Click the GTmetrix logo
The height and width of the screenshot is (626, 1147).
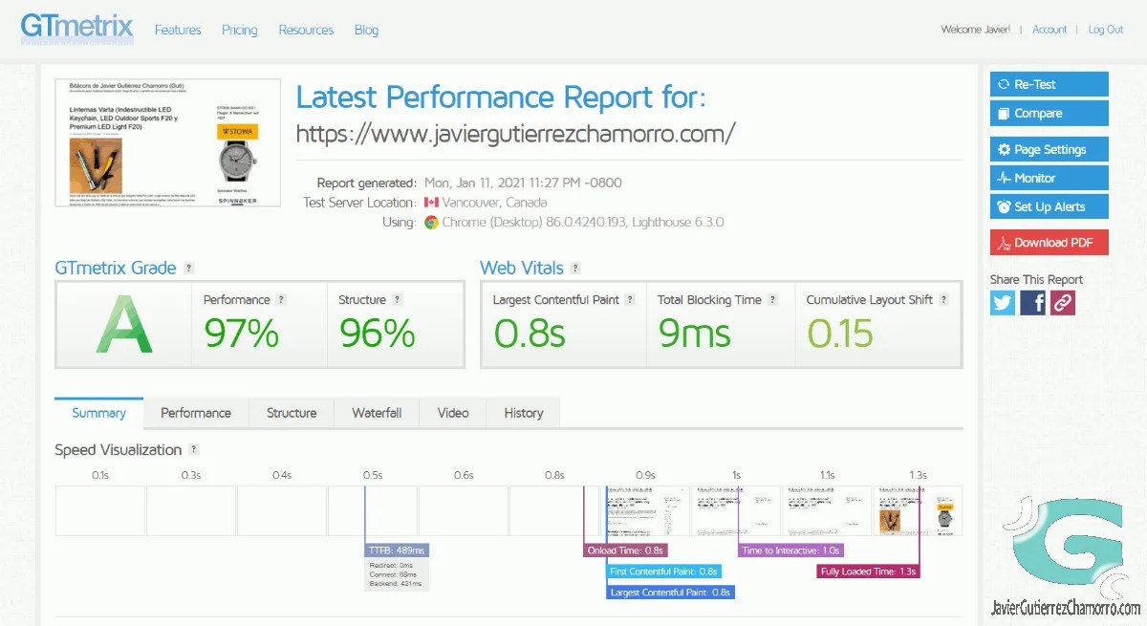(76, 28)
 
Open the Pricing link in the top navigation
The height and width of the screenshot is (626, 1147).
(239, 30)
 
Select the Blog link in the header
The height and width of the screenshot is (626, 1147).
(366, 30)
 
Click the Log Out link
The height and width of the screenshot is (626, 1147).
(1105, 30)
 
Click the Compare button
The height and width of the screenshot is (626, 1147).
(1049, 113)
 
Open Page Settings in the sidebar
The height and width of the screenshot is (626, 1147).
(1049, 149)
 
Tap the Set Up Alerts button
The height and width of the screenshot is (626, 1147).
(1049, 206)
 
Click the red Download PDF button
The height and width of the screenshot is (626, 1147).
(1049, 242)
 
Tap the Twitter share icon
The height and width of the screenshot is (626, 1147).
(1003, 303)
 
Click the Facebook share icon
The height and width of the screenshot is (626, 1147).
(1033, 303)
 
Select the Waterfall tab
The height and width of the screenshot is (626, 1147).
(377, 413)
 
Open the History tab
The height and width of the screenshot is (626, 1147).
(523, 413)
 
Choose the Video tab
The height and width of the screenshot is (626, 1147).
(453, 413)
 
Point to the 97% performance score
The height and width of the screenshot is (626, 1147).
(241, 333)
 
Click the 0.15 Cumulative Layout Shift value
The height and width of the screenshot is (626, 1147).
(840, 333)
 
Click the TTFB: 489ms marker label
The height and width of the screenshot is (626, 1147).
(396, 550)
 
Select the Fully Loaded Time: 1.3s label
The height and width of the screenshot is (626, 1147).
(869, 572)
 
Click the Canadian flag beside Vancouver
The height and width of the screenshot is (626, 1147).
(431, 203)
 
